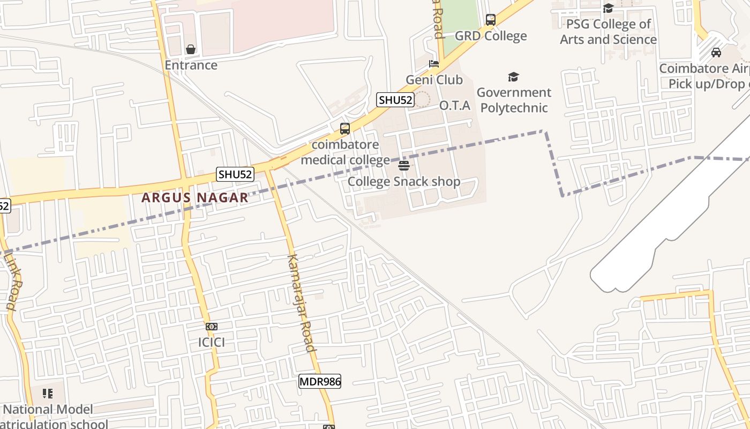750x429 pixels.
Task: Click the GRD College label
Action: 491,36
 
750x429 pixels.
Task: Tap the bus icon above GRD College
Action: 491,20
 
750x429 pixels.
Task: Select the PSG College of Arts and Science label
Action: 608,32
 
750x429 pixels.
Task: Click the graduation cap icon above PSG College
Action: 608,8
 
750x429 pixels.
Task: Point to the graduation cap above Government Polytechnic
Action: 513,77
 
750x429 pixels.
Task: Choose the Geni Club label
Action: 434,80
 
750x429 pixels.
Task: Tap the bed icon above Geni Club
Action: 434,64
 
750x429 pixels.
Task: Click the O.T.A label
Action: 455,106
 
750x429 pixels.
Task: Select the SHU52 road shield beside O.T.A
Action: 395,100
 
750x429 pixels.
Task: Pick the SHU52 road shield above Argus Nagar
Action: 235,174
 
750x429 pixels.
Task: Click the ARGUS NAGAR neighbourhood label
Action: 195,198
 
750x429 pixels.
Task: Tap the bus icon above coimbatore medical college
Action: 345,129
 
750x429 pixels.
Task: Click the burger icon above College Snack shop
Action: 404,165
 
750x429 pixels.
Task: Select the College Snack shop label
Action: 404,182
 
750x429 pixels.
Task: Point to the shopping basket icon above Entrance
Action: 191,49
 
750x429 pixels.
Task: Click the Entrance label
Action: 191,65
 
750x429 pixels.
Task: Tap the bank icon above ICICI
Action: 212,327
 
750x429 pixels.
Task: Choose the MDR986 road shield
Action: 320,381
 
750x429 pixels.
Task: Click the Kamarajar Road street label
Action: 301,302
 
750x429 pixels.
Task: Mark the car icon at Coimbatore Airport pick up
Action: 716,53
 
